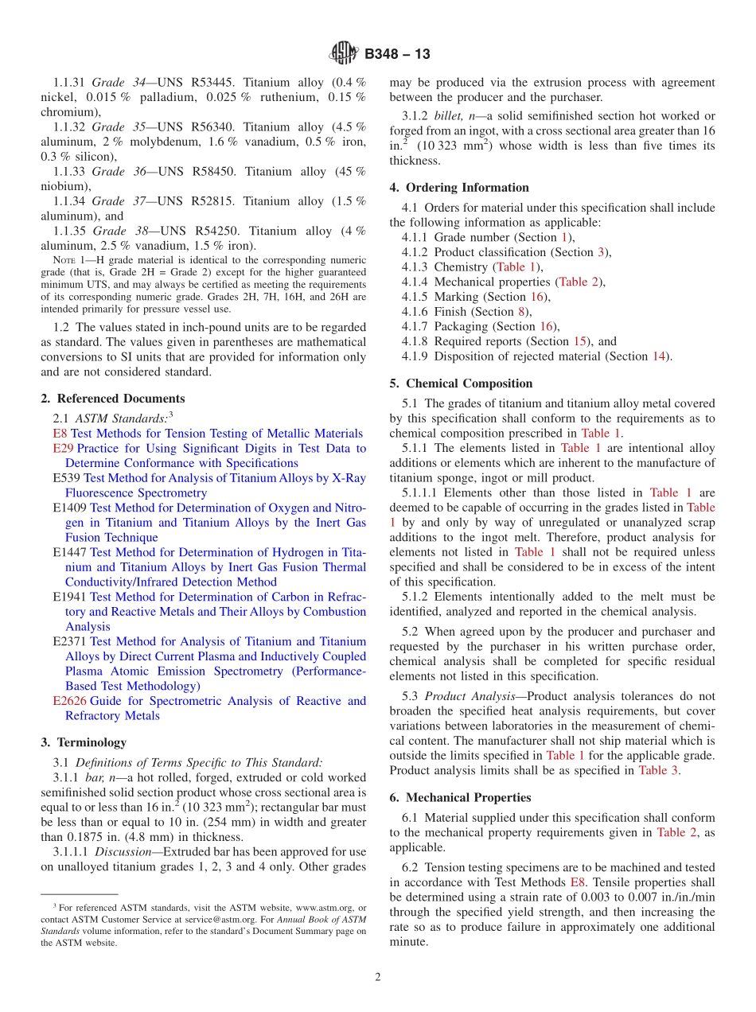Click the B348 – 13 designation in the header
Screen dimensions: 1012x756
pyautogui.click(x=397, y=54)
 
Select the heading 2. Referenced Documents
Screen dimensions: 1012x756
pyautogui.click(x=113, y=399)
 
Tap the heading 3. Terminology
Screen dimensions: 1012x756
pyautogui.click(x=84, y=742)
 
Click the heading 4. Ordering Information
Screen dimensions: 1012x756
pyautogui.click(x=459, y=188)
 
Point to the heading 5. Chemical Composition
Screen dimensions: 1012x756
pyautogui.click(x=461, y=383)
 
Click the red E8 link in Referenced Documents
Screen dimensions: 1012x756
pyautogui.click(x=60, y=434)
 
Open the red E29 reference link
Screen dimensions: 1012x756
pyautogui.click(x=63, y=449)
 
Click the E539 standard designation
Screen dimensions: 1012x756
pyautogui.click(x=66, y=478)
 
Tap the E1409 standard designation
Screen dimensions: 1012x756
pyautogui.click(x=69, y=508)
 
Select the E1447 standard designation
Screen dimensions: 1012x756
pyautogui.click(x=69, y=553)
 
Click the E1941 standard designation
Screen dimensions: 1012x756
pyautogui.click(x=69, y=597)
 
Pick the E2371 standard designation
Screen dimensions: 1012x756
pyautogui.click(x=69, y=642)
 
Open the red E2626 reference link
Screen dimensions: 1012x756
pyautogui.click(x=69, y=701)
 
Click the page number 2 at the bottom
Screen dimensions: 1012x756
pyautogui.click(x=378, y=978)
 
